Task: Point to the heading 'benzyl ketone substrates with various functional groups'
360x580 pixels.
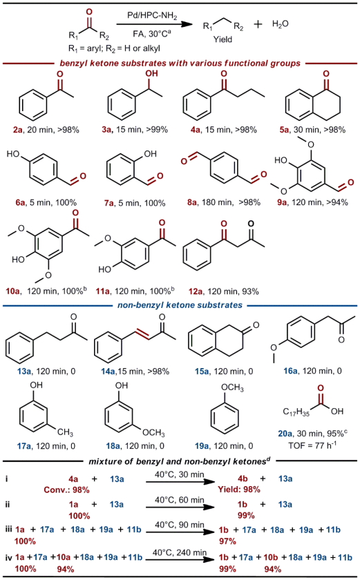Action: pyautogui.click(x=180, y=64)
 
